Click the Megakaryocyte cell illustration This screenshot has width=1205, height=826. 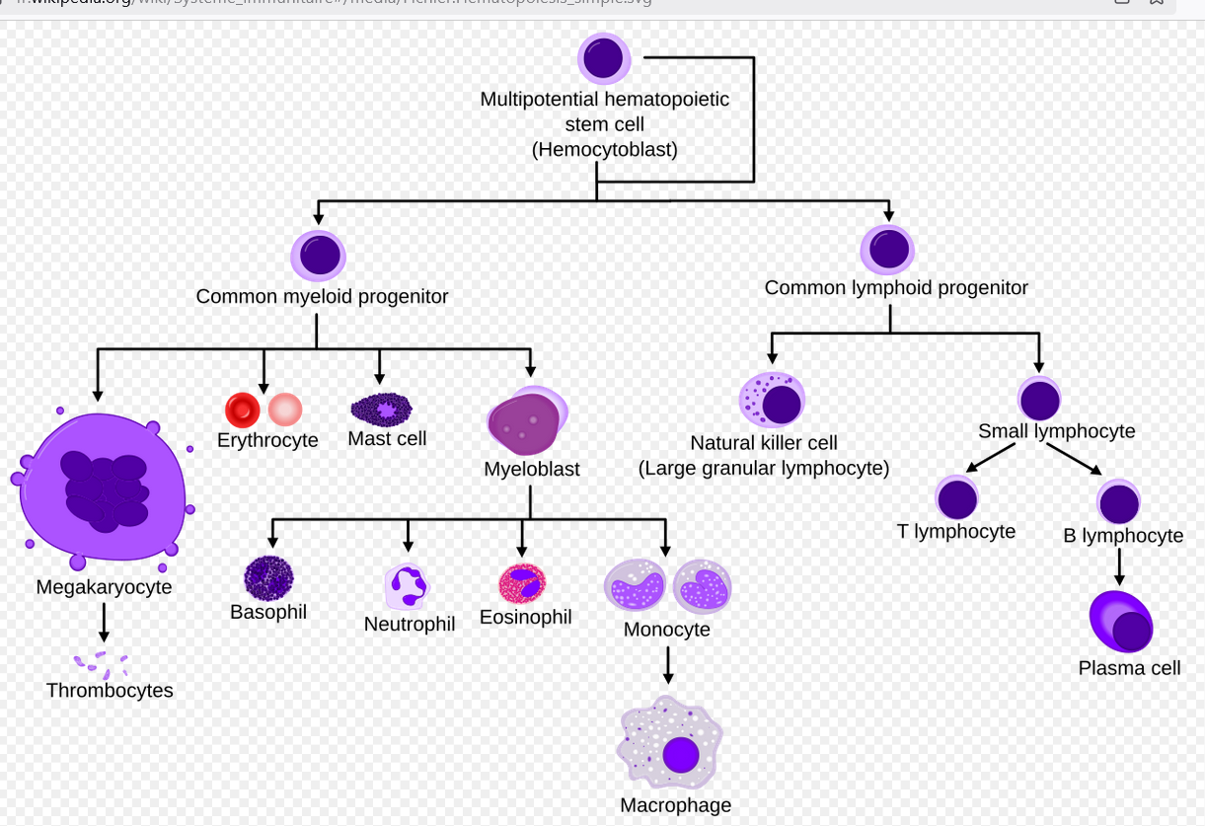[103, 488]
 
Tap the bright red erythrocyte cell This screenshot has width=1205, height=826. [242, 410]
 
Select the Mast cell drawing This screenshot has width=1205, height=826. [381, 409]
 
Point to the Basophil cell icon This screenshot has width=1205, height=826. [268, 578]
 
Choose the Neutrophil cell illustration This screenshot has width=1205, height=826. [407, 586]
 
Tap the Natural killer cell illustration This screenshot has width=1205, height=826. [772, 401]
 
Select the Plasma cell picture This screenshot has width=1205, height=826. [1122, 622]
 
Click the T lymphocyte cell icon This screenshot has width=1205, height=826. [956, 497]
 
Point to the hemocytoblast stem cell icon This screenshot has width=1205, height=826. [603, 58]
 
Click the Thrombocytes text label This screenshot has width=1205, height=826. [110, 691]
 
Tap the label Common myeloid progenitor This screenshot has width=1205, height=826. [322, 296]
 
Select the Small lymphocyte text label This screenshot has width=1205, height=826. [1056, 431]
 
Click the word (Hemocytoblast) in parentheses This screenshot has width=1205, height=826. [604, 150]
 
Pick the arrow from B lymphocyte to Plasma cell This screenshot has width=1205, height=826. [1119, 566]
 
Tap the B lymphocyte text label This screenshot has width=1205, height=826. [1123, 536]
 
